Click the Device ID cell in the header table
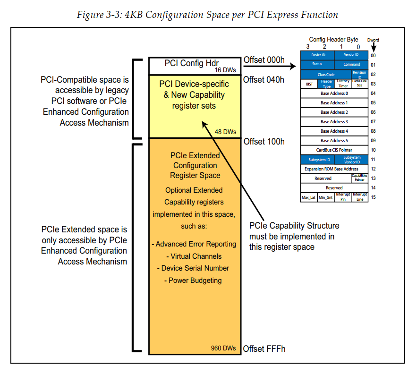pos(317,55)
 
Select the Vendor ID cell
pos(351,55)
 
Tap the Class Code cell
pos(326,75)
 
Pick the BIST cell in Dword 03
pos(309,84)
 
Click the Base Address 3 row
pos(334,122)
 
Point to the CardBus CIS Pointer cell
pos(334,150)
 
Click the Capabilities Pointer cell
pos(359,178)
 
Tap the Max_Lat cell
pos(309,197)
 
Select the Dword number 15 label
pos(373,197)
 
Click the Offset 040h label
pos(263,79)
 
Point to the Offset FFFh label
pos(264,349)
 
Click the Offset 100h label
pos(263,142)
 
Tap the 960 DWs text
pos(223,349)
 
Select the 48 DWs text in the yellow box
pos(225,132)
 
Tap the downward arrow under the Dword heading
pos(373,47)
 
